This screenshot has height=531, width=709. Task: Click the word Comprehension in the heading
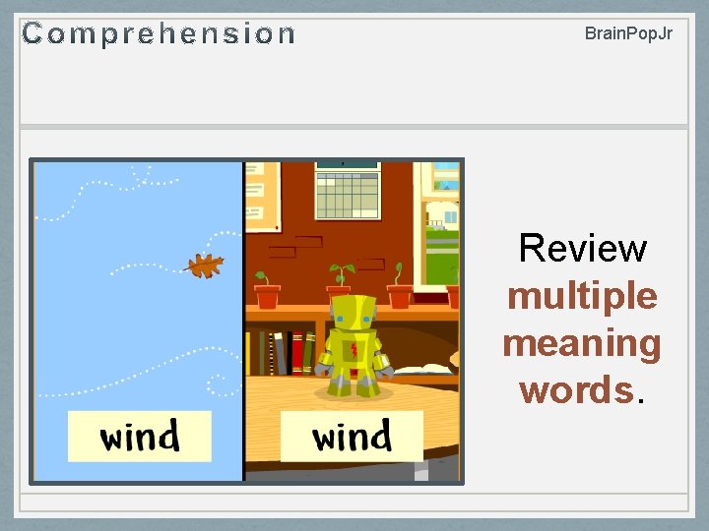coord(159,34)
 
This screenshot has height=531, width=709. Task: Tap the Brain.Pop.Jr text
coord(628,33)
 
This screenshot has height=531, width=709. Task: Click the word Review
coord(582,248)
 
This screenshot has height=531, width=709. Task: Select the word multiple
coord(582,295)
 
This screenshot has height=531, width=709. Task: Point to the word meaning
coord(582,343)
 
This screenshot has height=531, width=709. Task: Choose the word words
coord(577,389)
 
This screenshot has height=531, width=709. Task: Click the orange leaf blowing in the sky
coord(205,265)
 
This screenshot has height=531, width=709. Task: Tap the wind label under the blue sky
coord(140,436)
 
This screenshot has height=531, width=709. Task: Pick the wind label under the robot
coord(352,436)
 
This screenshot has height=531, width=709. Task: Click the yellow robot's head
coord(352,313)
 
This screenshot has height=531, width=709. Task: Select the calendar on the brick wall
coord(348,192)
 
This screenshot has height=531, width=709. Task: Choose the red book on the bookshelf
coord(296,352)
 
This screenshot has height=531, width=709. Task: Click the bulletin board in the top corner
coord(261,192)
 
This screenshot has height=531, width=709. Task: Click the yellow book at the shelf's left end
coord(252,351)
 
